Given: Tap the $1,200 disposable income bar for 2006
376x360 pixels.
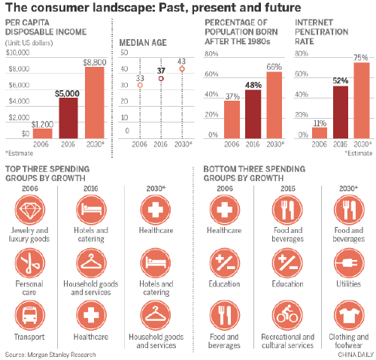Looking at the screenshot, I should coord(42,133).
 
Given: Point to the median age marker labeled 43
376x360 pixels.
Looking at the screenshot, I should coord(181,69).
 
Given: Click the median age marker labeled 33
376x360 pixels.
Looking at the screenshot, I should coord(139,86).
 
